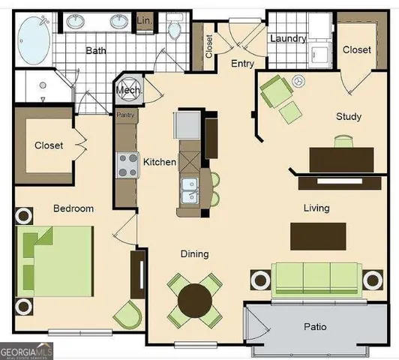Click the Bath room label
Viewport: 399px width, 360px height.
click(96, 51)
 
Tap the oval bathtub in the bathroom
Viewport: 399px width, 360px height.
click(34, 40)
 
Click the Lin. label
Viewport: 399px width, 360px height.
click(144, 22)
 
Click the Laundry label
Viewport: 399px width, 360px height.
click(288, 38)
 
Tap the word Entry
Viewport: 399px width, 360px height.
click(242, 64)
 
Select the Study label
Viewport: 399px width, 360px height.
click(349, 116)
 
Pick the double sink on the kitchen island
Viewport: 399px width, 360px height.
click(189, 191)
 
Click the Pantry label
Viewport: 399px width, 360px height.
click(124, 115)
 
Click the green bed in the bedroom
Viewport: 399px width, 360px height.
click(56, 262)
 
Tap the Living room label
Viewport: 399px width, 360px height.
click(317, 207)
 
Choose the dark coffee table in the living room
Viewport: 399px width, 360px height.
click(318, 235)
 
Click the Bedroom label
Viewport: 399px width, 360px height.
click(73, 208)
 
